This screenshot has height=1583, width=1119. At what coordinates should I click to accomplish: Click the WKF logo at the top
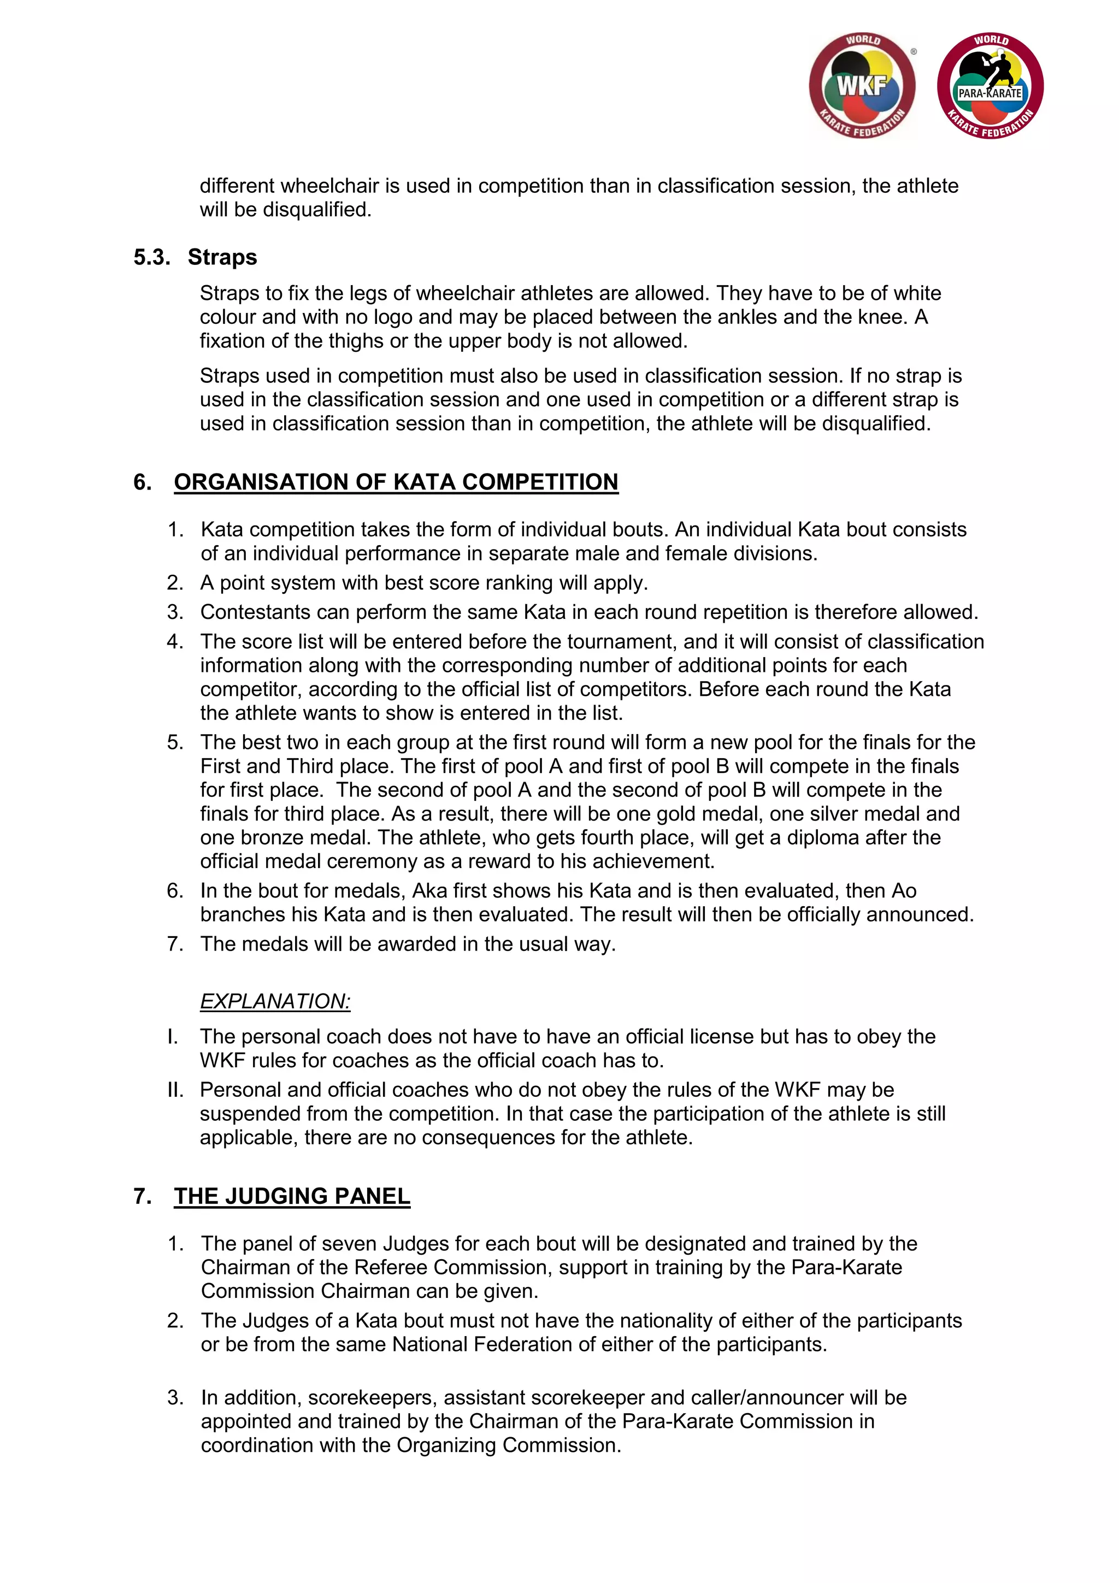point(862,86)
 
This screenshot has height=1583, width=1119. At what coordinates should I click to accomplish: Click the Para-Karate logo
point(990,86)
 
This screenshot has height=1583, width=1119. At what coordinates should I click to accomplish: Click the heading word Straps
point(222,257)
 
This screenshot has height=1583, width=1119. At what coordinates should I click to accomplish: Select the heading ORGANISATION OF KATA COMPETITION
point(396,482)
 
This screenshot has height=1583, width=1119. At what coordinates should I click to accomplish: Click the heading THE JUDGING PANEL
point(292,1196)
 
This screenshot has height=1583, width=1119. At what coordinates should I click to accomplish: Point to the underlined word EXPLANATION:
point(275,1001)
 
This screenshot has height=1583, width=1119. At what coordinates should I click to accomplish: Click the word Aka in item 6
point(427,891)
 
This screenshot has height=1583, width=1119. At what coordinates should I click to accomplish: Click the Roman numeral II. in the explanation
point(175,1090)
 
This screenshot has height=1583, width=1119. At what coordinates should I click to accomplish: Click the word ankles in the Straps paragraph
point(745,317)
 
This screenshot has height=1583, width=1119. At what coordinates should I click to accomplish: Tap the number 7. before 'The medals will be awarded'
point(175,944)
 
